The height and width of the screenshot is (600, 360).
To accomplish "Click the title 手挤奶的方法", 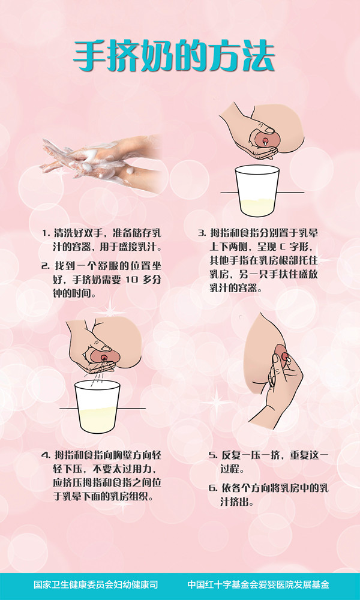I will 174,57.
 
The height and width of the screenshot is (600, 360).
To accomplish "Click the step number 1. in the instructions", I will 46,233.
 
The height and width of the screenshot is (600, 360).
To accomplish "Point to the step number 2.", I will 46,266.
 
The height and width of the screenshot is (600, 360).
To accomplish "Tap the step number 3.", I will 202,233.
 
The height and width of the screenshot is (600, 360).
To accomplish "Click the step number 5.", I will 212,455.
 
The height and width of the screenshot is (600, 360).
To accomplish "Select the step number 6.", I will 212,488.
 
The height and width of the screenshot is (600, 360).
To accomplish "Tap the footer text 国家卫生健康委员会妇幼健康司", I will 96,584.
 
